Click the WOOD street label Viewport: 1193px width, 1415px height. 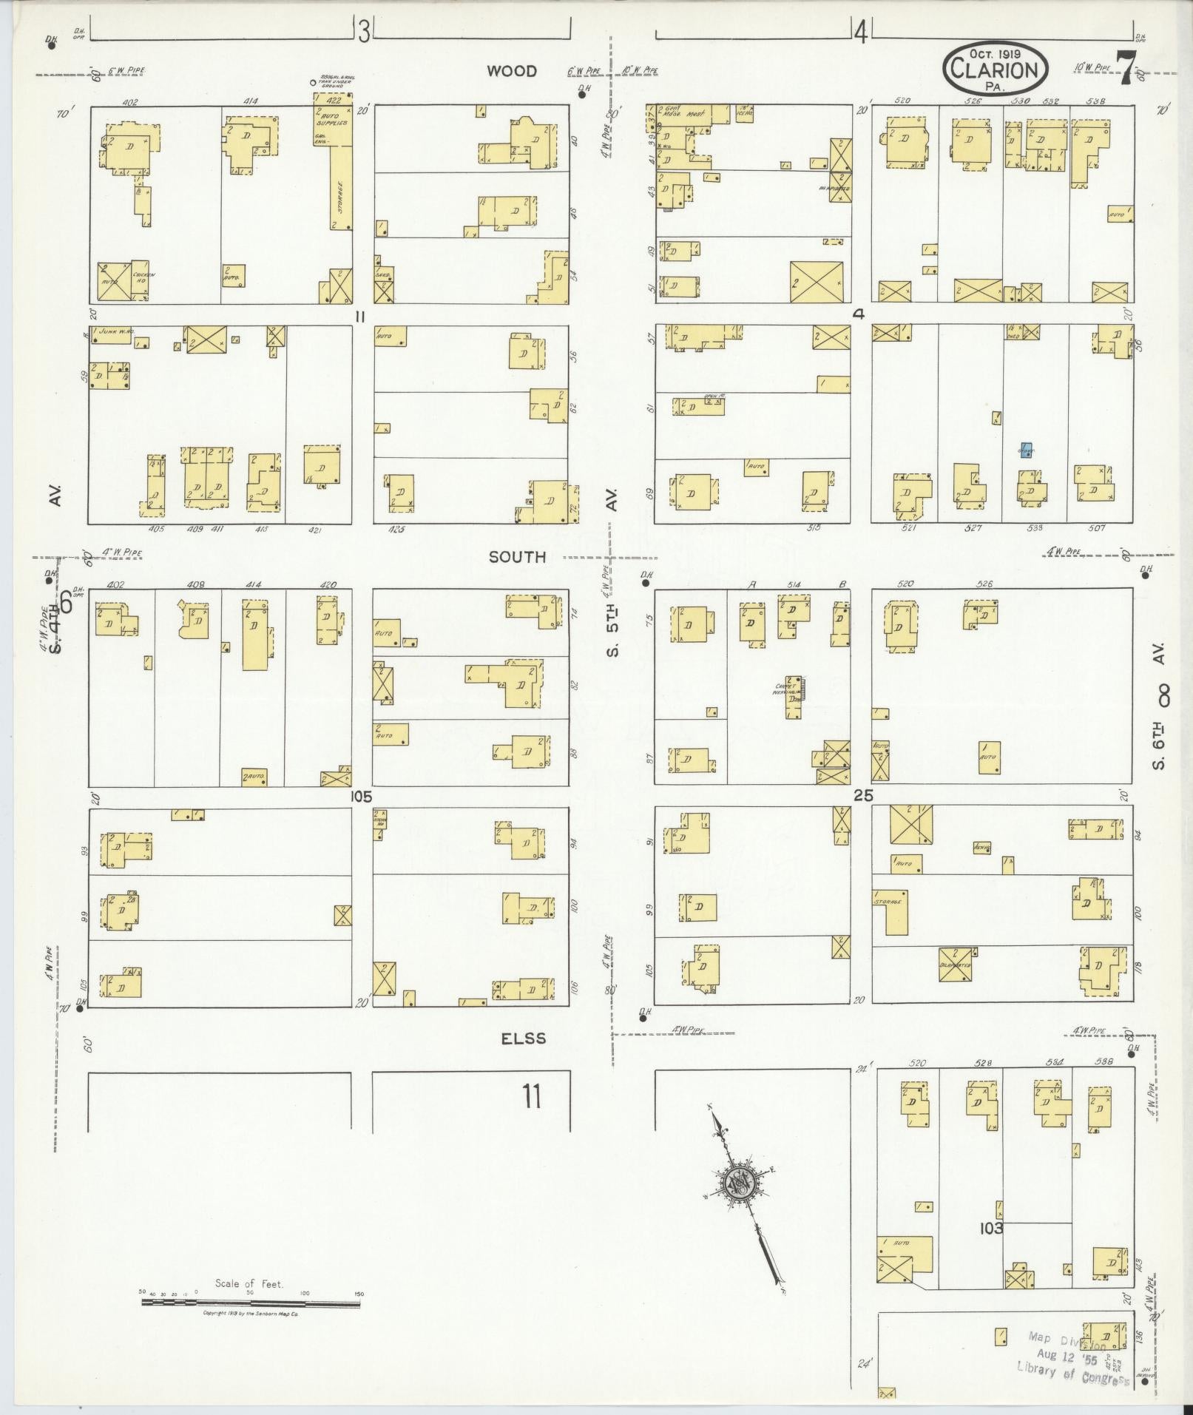[512, 71]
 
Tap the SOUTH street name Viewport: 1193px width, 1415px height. [517, 557]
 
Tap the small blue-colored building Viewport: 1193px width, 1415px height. [1026, 450]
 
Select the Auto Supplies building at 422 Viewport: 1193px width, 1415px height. [332, 122]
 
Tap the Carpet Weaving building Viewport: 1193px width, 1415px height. [794, 695]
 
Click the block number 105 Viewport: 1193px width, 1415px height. [362, 797]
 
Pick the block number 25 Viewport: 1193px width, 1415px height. [862, 796]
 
